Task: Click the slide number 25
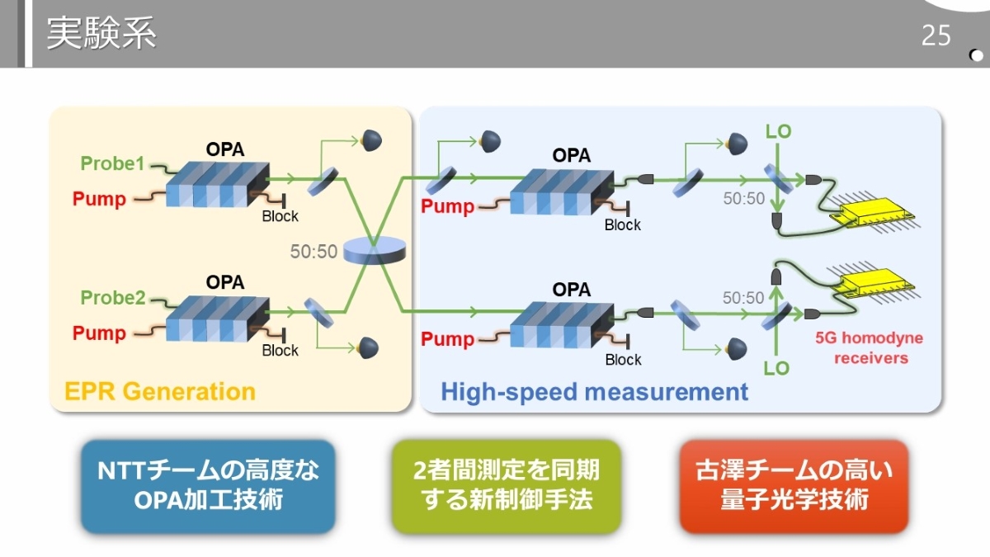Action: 936,36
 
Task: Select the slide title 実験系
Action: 101,35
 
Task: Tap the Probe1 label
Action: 112,163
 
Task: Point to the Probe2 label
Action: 112,298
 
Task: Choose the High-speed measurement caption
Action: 594,391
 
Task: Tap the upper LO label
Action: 778,132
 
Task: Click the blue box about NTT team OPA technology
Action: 208,485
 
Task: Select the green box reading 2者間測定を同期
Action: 506,485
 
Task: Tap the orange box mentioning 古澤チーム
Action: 794,485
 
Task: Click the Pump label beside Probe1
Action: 99,199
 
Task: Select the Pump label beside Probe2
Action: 99,333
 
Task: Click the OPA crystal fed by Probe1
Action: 217,184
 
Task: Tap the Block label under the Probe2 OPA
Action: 280,351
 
